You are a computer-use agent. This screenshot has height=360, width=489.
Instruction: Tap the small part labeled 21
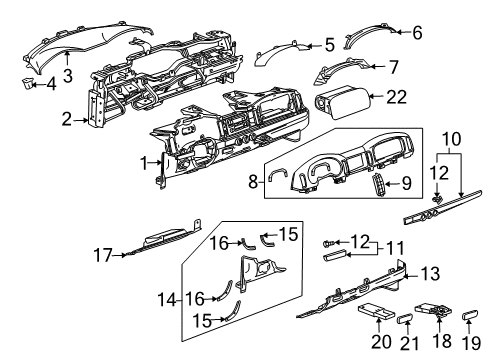pyautogui.click(x=406, y=321)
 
